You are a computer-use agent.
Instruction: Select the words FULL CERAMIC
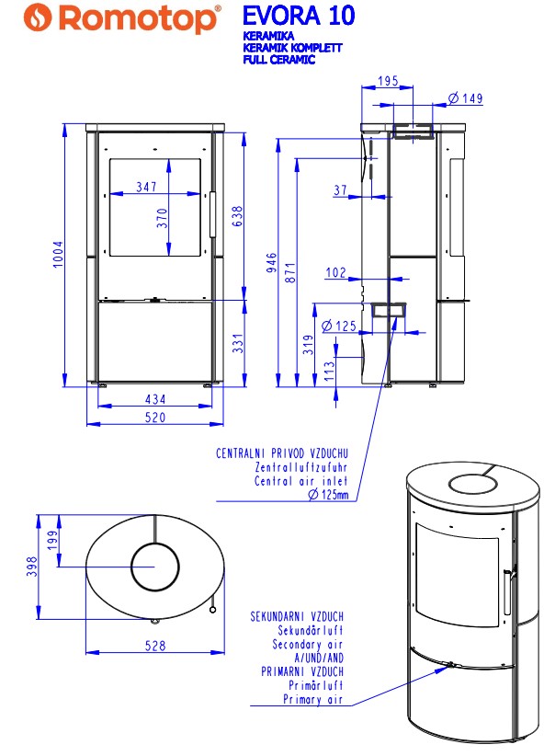[x=279, y=60]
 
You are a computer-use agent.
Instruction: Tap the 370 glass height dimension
[x=162, y=217]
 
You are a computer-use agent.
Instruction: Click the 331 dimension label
[x=237, y=344]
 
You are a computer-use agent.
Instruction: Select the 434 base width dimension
[x=155, y=400]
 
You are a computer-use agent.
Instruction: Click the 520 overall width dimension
[x=155, y=418]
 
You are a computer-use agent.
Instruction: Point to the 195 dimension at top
[x=388, y=82]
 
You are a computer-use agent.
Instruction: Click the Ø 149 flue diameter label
[x=465, y=98]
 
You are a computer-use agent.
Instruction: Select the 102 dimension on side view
[x=336, y=272]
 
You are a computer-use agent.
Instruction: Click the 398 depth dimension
[x=31, y=568]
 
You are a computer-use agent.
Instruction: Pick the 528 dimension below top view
[x=155, y=646]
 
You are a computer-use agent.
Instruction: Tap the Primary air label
[x=314, y=700]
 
